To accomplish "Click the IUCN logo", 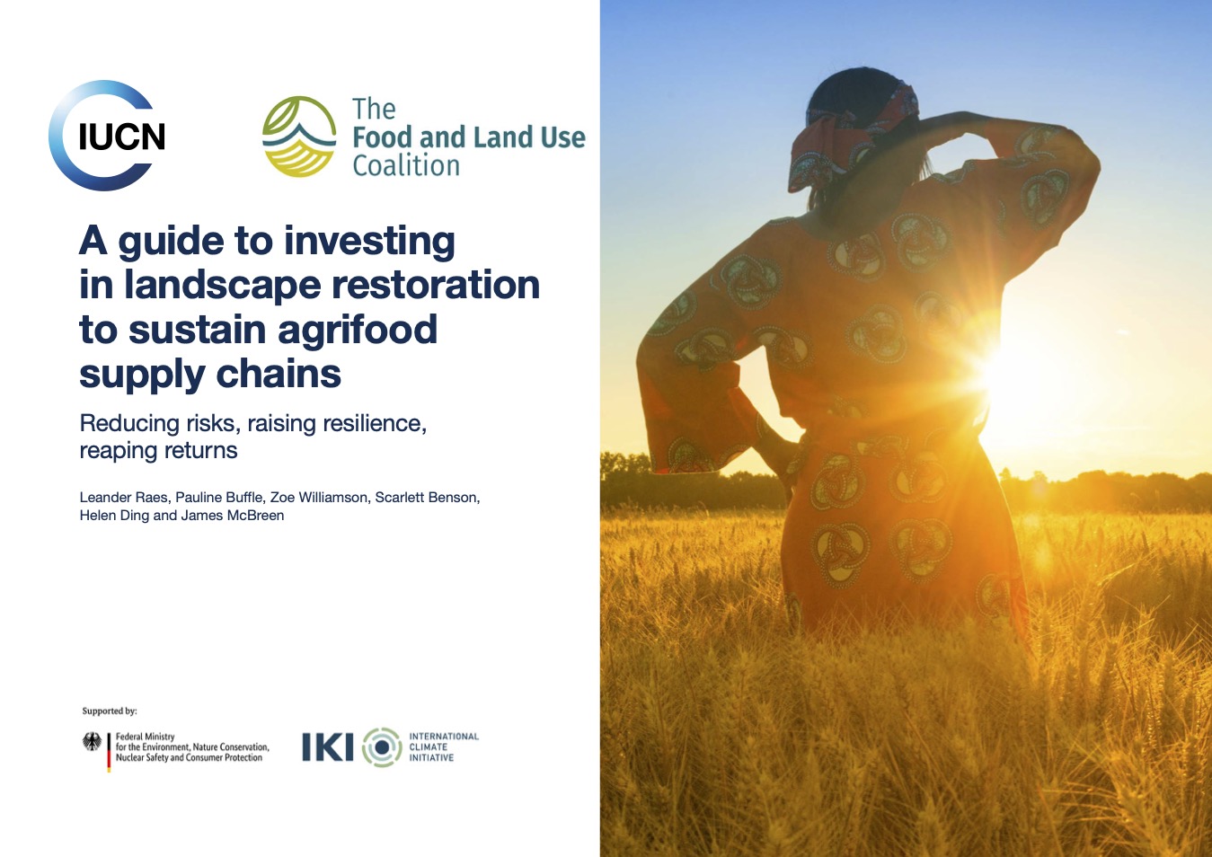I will (x=108, y=136).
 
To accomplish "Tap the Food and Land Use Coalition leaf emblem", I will (x=299, y=137).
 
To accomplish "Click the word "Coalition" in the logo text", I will (x=406, y=166).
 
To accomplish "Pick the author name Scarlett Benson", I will (x=427, y=498).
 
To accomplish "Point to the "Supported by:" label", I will (x=110, y=711).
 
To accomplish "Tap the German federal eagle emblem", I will (x=92, y=742).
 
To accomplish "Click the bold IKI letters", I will (x=328, y=747).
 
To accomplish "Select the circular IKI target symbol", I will (x=382, y=747).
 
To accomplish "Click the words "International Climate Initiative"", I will (x=443, y=747).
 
